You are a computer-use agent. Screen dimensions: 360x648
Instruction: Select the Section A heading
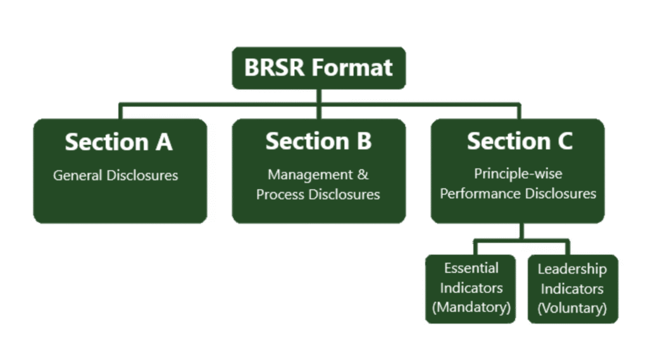tap(118, 142)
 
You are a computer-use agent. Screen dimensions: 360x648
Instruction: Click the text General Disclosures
tap(116, 175)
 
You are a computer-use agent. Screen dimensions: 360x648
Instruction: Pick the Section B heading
tap(318, 141)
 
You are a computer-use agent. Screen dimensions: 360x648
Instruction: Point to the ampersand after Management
tap(363, 174)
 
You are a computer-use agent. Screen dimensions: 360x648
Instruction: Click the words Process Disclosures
tap(318, 194)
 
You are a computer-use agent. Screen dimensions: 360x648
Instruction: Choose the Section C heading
tap(520, 141)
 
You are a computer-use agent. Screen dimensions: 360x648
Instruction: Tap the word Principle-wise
tap(518, 173)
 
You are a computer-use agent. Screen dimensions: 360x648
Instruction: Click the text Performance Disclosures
tap(518, 194)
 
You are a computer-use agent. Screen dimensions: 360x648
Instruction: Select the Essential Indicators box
tap(471, 289)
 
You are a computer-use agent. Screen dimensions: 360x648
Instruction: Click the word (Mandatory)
tap(471, 308)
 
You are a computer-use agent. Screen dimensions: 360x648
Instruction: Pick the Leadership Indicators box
tap(572, 289)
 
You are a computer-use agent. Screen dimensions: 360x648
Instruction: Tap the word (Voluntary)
tap(572, 308)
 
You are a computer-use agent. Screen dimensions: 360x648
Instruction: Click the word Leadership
tap(572, 269)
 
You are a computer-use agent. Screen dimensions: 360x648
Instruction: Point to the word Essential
tap(471, 268)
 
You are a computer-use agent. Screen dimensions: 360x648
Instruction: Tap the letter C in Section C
tap(564, 141)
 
